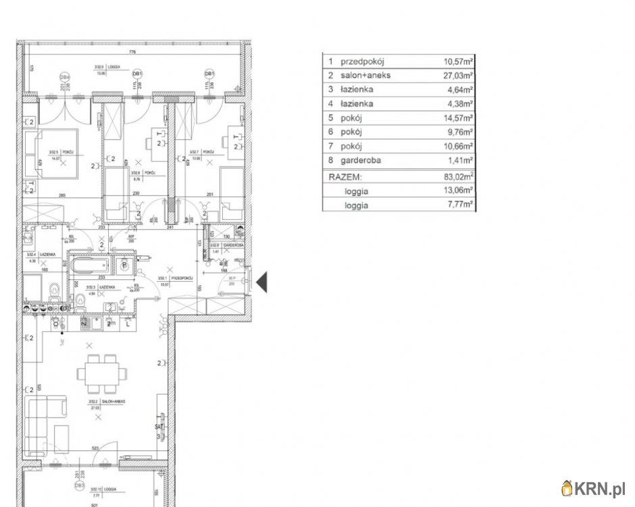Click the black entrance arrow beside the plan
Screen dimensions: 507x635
pos(261,281)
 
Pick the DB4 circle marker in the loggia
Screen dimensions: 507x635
pos(65,76)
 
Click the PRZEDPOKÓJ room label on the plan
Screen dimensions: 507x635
pos(182,278)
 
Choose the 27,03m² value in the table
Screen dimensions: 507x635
pos(458,75)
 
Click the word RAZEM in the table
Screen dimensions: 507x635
pos(345,176)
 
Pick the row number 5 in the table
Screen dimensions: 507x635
pos(330,118)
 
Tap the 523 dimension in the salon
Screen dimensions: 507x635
pos(97,448)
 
